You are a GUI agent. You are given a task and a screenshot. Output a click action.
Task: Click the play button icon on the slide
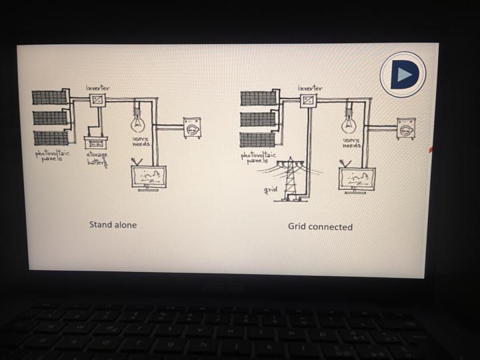(403, 74)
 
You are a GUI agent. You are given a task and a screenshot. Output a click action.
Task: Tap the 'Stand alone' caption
(113, 225)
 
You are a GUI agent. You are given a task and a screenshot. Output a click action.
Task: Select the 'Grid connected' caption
(320, 227)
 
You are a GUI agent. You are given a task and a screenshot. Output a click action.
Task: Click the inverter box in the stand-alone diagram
(98, 99)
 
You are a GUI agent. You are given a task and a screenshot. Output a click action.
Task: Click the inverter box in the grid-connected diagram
(308, 101)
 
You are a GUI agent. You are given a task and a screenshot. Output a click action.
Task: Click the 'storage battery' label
(97, 158)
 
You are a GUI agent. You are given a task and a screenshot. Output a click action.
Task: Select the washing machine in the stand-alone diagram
(192, 127)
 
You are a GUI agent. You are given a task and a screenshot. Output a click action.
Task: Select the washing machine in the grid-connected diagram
(405, 128)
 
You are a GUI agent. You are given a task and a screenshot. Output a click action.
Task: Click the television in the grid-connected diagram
(357, 179)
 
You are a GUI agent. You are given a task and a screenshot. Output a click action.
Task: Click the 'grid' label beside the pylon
(270, 190)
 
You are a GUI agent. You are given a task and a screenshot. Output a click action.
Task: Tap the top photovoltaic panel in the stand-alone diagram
(50, 97)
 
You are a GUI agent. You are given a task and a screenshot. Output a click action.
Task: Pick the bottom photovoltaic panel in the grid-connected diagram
(258, 140)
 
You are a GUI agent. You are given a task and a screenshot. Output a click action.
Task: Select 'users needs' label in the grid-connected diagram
(351, 143)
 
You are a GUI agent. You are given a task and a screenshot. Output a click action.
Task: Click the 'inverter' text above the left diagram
(98, 87)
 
